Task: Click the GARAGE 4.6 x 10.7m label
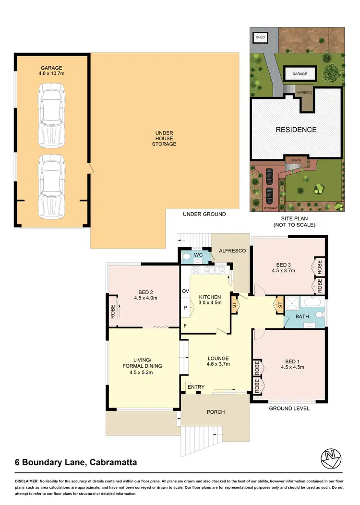pos(51,71)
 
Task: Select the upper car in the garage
pos(51,109)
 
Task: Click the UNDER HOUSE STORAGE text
pos(164,138)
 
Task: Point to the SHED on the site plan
pos(260,36)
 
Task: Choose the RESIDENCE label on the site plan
pos(296,130)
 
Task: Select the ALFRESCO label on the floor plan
pos(232,251)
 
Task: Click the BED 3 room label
pos(283,267)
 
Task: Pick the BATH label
pos(302,317)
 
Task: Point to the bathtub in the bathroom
pos(312,303)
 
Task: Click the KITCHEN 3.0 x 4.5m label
pos(210,300)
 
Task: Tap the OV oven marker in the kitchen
pos(185,291)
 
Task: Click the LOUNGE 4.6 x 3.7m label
pos(218,361)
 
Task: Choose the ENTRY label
pos(196,387)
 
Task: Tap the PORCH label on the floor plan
pos(216,412)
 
